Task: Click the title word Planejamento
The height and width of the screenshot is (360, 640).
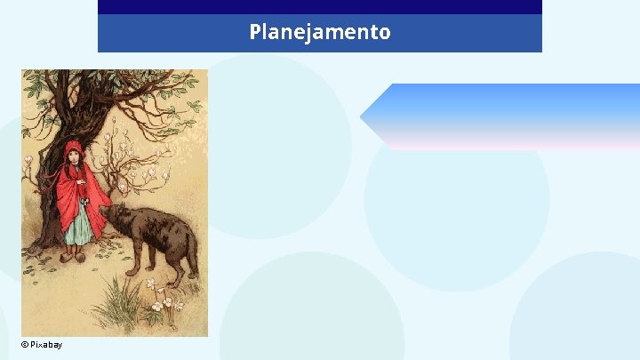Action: [319, 33]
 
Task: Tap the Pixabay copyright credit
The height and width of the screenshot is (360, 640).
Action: [42, 345]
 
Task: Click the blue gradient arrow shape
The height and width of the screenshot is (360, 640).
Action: [507, 116]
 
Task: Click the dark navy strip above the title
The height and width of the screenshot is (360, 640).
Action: [319, 7]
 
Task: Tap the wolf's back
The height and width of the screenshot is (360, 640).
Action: [160, 218]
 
